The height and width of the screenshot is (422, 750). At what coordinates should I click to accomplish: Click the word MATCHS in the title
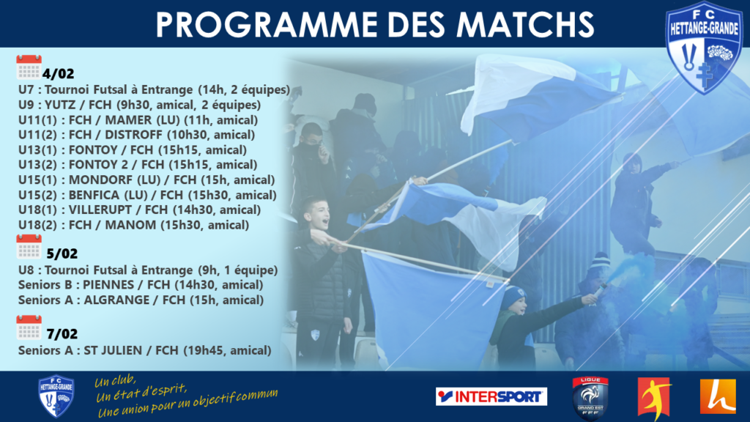pos(524,25)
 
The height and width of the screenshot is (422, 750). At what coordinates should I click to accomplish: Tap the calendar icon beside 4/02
pos(29,67)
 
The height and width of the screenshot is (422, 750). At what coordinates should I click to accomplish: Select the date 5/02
pos(62,253)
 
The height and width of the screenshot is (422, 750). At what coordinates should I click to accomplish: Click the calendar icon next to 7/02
pos(29,327)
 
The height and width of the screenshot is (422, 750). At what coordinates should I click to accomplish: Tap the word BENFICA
pos(94,195)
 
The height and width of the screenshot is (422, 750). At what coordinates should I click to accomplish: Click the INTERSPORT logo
pos(491,396)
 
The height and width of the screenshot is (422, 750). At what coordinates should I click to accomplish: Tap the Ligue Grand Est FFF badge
pos(590,398)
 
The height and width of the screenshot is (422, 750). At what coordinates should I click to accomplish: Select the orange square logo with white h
pos(718,396)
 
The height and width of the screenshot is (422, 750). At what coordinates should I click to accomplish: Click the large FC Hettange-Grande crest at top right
pos(704,48)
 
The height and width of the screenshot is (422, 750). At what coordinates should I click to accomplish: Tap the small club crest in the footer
pos(56,396)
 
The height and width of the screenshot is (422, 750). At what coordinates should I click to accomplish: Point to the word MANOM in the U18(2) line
pos(130,225)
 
